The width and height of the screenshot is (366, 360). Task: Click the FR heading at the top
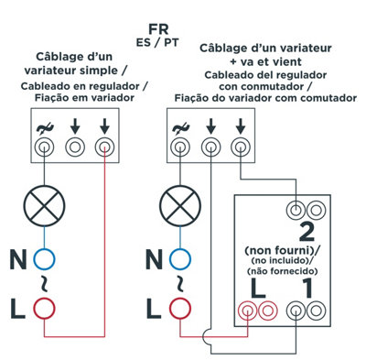[158, 29]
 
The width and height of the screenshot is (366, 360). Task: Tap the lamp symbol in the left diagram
[45, 206]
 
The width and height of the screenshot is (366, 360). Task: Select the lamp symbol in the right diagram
[180, 206]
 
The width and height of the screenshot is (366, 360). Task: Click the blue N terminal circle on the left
[44, 259]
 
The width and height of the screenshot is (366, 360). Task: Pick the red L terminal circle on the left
[44, 309]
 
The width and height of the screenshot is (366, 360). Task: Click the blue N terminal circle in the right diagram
[180, 259]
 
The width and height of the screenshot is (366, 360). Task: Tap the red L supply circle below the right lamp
[180, 309]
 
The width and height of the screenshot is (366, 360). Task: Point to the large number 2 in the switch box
[307, 232]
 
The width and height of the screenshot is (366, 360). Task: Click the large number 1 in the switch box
[307, 289]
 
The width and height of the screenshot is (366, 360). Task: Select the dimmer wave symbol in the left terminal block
[45, 129]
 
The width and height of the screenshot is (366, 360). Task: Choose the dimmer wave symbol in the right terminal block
[180, 129]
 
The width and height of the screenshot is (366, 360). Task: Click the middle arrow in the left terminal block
[75, 126]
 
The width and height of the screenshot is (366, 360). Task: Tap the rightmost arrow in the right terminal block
[241, 126]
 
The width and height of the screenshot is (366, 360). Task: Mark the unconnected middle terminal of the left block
[75, 147]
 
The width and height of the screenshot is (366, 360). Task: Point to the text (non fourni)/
[283, 251]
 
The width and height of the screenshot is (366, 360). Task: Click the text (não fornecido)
[283, 271]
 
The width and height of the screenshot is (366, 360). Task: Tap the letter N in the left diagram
[17, 259]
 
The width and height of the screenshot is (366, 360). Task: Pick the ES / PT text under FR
[157, 42]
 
